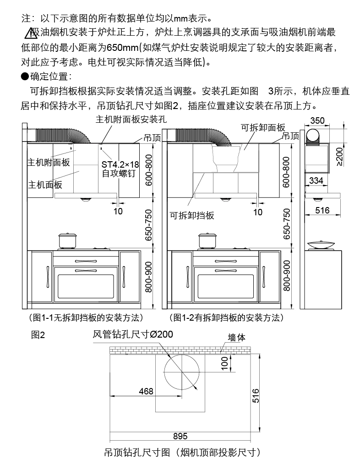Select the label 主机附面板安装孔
pos(130,120)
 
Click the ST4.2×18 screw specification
pos(120,164)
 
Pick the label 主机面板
pos(45,185)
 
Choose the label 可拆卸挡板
pos(192,215)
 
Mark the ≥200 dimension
pos(339,156)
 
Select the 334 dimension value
pos(316,181)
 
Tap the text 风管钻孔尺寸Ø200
pos(133,334)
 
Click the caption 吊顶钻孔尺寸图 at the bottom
pos(182,453)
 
